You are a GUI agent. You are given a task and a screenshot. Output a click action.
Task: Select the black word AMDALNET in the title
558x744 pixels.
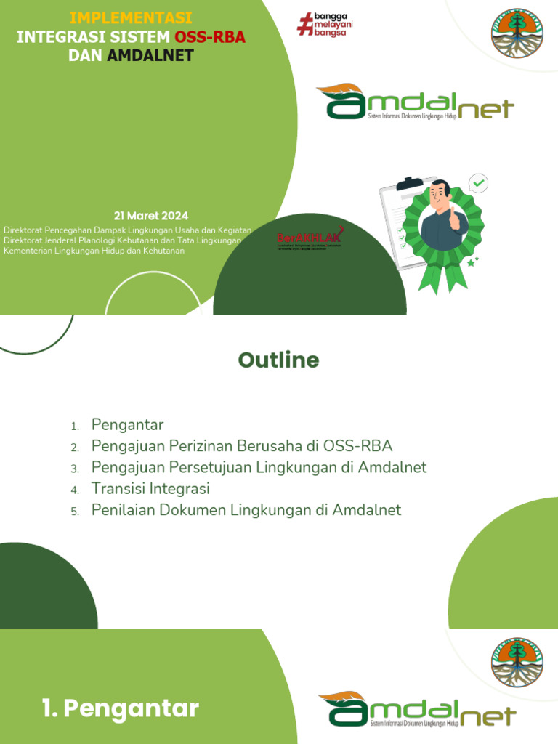[150, 55]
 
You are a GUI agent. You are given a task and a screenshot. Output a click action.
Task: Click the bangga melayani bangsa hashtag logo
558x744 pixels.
[324, 24]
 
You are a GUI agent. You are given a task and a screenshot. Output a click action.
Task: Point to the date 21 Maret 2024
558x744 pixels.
[151, 216]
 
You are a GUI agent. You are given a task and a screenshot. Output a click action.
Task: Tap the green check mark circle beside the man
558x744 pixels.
[478, 182]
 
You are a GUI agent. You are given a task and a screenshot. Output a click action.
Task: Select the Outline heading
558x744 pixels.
[279, 360]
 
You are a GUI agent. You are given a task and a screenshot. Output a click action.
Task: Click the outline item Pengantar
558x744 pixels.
[128, 425]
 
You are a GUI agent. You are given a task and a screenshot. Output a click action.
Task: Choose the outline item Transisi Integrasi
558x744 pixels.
[150, 489]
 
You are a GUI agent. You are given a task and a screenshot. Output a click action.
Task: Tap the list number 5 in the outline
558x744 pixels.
[74, 511]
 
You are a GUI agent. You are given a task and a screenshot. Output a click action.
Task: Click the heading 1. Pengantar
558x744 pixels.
[121, 709]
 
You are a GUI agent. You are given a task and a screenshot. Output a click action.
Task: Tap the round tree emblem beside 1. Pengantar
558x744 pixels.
[517, 663]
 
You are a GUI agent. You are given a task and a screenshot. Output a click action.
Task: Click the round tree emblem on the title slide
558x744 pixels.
[517, 33]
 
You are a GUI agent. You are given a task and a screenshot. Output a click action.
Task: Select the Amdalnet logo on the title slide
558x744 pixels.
[415, 103]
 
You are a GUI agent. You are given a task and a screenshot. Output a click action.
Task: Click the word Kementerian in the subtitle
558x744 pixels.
[28, 251]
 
